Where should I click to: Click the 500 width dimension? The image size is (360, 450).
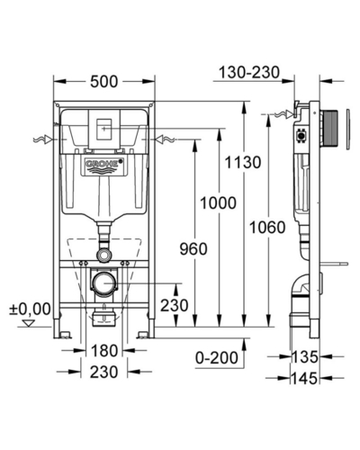(x=104, y=82)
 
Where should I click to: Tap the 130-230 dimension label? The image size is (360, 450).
(x=249, y=73)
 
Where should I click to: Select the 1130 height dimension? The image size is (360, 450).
(x=243, y=162)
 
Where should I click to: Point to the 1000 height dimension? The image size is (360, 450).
(x=218, y=202)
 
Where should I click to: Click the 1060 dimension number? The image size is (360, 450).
(x=267, y=227)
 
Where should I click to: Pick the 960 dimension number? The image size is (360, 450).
(x=193, y=249)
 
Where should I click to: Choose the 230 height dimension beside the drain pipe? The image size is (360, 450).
(x=174, y=305)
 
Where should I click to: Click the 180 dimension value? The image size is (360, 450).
(x=104, y=351)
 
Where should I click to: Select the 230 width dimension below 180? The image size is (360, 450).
(x=104, y=372)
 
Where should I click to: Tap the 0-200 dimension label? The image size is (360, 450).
(x=217, y=357)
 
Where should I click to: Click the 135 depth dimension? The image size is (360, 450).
(x=304, y=357)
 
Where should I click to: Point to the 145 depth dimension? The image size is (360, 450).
(x=304, y=378)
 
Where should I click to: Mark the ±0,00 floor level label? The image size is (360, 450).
(x=30, y=309)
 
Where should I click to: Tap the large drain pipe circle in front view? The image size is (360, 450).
(x=103, y=283)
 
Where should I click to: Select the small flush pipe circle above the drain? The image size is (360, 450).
(x=103, y=256)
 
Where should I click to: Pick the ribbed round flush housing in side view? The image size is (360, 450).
(x=329, y=129)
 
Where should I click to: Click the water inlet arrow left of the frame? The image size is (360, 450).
(x=43, y=139)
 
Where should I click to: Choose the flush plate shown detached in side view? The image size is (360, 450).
(x=348, y=130)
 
